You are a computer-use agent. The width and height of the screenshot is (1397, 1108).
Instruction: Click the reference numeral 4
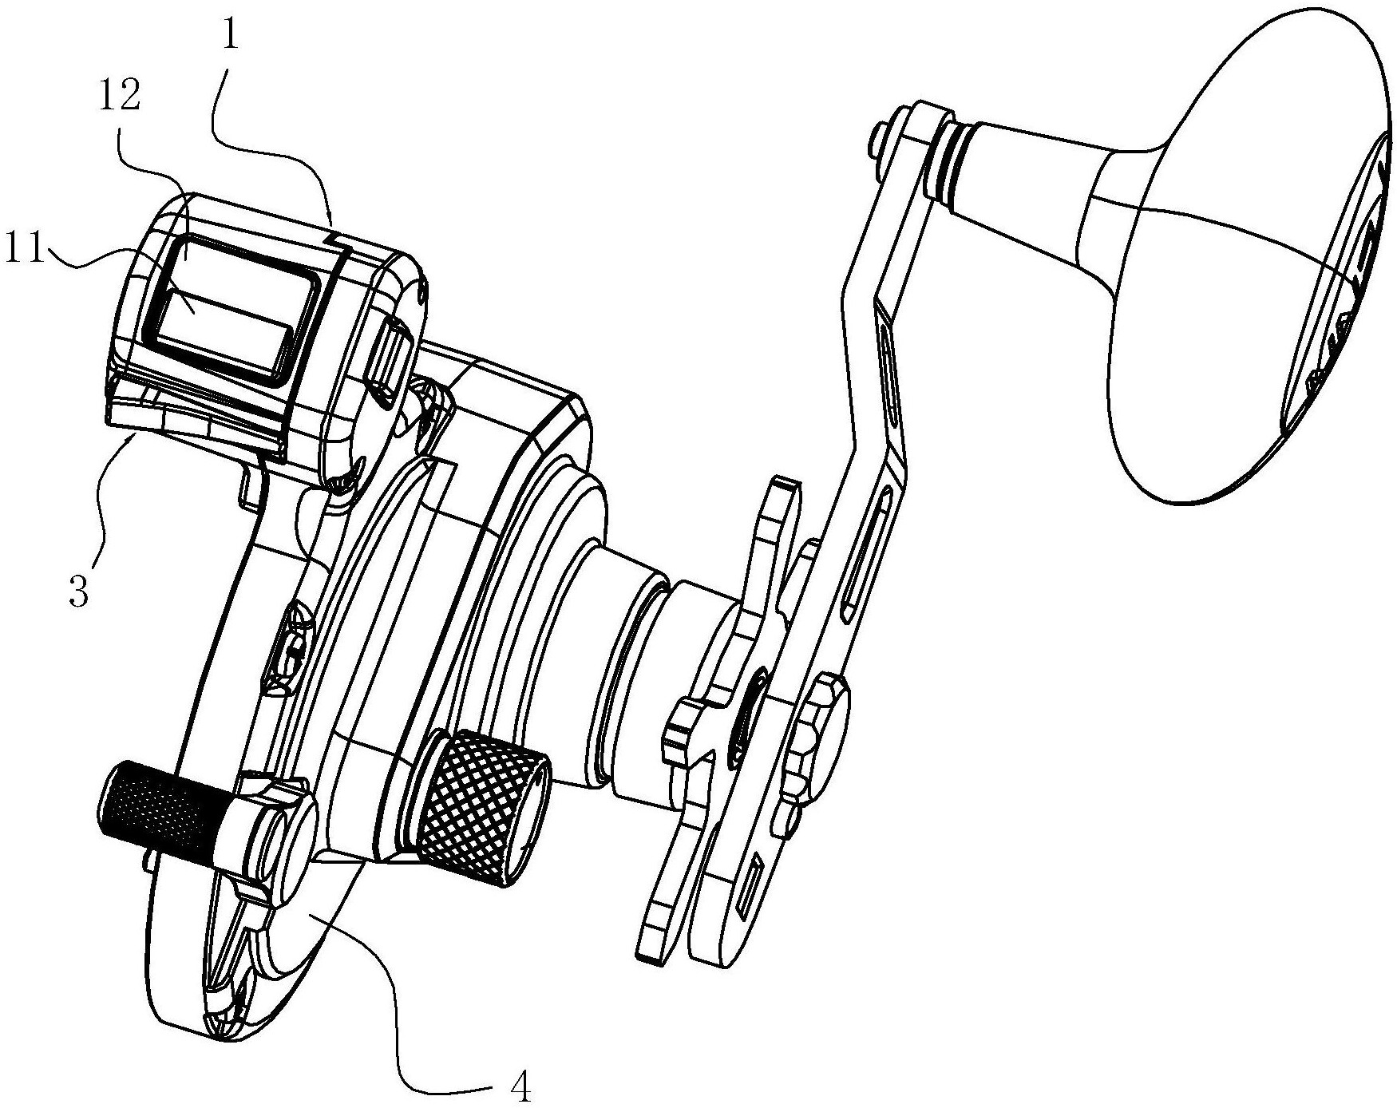click(x=519, y=1086)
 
